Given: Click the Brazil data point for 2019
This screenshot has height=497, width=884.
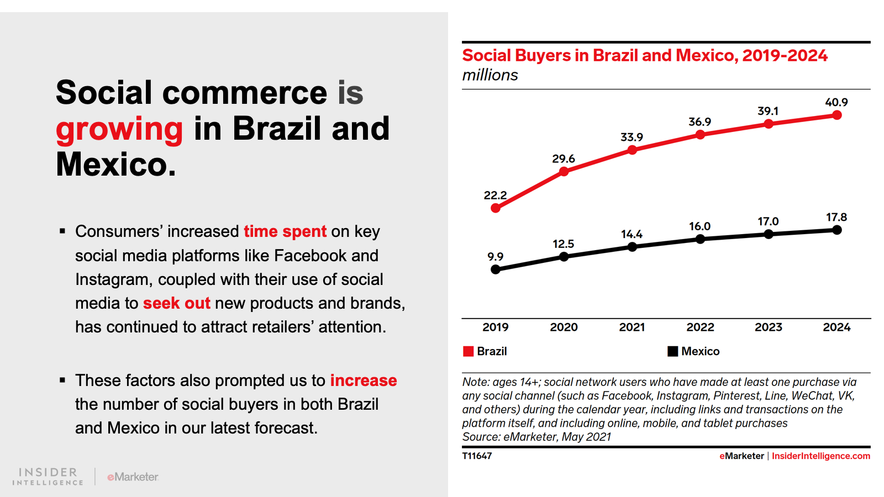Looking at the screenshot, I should pos(496,208).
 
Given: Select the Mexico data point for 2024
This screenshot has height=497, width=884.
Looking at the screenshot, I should pos(837,230).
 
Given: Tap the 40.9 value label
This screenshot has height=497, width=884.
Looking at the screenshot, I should pos(836,102).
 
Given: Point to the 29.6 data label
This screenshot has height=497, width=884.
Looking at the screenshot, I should pos(564,159).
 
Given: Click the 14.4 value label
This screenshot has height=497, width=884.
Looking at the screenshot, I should pos(632,234).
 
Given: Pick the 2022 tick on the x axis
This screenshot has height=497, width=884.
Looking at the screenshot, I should pos(700,327).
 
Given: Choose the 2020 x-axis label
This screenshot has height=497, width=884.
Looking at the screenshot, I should pos(564,327).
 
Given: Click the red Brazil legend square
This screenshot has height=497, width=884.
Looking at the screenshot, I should pos(469,351).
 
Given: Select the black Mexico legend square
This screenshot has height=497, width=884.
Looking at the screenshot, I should pos(672,351).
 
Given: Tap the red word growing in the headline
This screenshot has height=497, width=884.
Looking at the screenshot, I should pos(119,129).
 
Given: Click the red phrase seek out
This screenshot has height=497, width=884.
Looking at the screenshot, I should pos(176,303).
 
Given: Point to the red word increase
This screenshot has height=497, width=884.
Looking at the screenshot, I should pos(364,380).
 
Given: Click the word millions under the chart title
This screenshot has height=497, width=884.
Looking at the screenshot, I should pos(490,75).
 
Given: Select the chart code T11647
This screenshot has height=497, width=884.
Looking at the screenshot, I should pos(477,456).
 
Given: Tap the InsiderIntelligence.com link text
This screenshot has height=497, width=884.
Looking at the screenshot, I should pos(820,456).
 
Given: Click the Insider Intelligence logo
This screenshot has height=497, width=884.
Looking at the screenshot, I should pos(48,476).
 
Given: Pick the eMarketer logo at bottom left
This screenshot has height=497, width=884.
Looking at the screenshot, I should pos(133,477).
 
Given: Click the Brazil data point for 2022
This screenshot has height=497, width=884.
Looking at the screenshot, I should pos(700,135).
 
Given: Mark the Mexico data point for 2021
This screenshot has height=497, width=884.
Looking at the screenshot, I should pos(632,247).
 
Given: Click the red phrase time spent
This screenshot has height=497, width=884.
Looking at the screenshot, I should pos(285,231).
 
